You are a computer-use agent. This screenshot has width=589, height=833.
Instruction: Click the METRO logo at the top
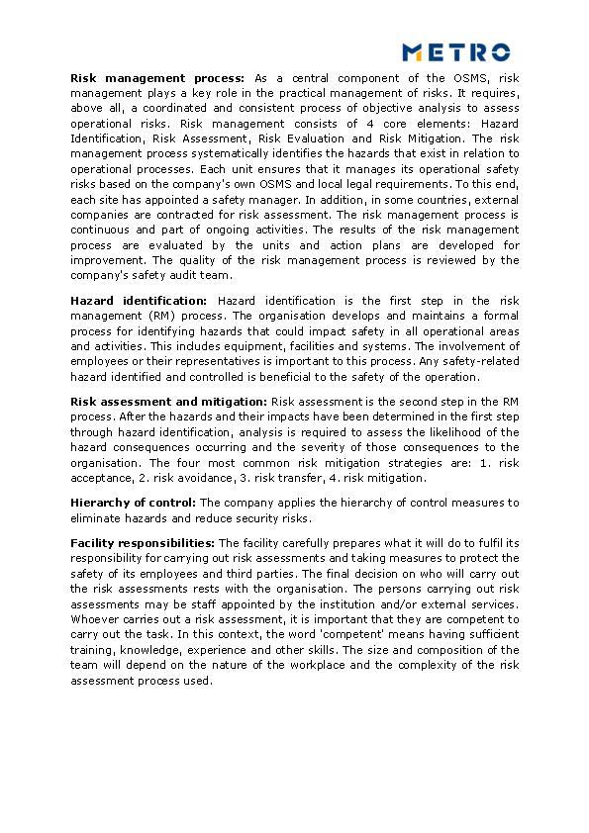coord(455,51)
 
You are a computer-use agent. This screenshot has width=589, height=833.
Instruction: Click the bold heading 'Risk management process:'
coord(157,78)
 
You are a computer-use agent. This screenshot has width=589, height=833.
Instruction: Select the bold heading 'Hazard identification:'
coord(140,301)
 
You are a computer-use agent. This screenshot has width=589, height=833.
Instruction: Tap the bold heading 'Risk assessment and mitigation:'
coord(168,402)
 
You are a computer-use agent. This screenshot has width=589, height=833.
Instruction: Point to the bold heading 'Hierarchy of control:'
coord(133,503)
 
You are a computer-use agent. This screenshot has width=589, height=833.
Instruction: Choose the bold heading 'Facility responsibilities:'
coord(143,543)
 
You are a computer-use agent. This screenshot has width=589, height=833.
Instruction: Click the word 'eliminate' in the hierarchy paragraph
coord(98,518)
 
